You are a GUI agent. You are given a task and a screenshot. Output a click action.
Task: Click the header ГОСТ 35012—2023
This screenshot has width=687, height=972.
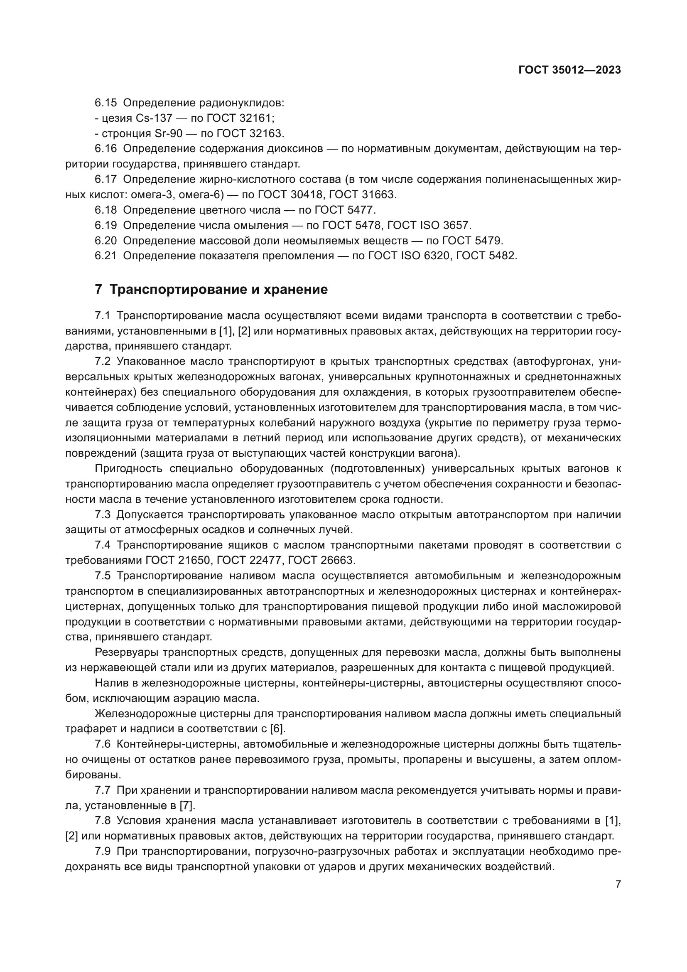[x=569, y=70]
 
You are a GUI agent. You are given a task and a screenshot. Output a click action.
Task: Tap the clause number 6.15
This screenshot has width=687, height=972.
[x=106, y=103]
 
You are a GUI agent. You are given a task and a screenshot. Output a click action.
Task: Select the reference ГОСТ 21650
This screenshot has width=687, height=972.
[x=178, y=561]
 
